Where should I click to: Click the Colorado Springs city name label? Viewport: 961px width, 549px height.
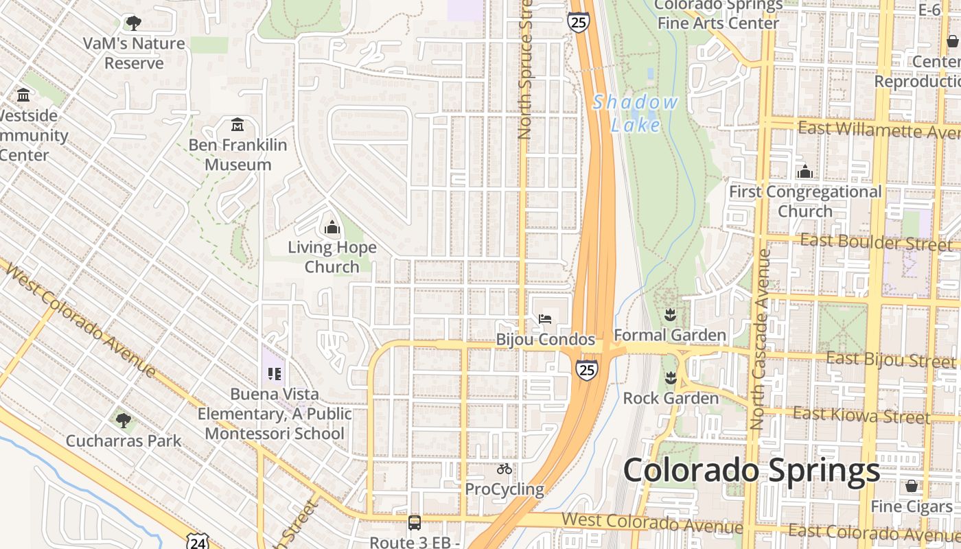tap(751, 471)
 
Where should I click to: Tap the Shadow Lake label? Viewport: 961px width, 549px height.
tap(635, 114)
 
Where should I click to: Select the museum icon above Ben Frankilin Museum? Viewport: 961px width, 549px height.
tap(238, 125)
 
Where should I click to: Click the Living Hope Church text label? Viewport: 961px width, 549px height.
tap(332, 257)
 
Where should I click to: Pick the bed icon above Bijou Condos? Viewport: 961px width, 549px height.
tap(545, 318)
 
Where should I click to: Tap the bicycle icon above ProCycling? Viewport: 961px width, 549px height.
tap(505, 469)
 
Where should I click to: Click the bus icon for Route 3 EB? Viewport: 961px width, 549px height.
tap(415, 523)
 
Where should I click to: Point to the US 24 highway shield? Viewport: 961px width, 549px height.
tap(198, 542)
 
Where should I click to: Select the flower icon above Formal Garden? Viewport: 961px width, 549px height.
tap(670, 315)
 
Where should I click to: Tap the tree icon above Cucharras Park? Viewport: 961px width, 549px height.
tap(123, 420)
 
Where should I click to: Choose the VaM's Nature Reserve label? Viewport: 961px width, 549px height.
tap(134, 53)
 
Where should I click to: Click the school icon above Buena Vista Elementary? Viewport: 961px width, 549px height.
tap(275, 374)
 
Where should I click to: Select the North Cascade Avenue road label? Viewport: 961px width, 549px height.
tap(759, 340)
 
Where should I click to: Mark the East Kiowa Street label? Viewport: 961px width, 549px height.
tap(861, 414)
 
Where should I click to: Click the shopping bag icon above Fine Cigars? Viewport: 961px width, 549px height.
tap(912, 486)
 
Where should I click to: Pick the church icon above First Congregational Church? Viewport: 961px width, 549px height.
tap(804, 172)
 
